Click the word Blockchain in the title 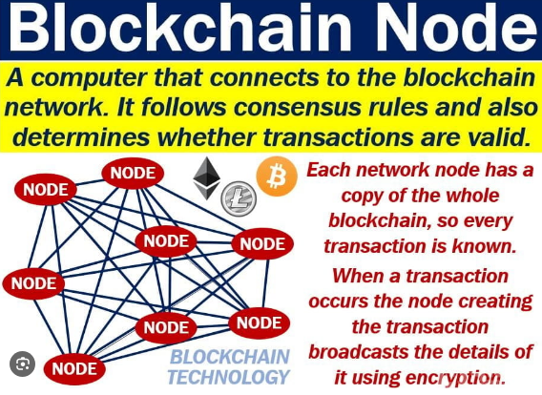[x=179, y=29]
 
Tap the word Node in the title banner [x=455, y=29]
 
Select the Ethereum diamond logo [x=206, y=178]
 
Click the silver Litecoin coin [x=239, y=198]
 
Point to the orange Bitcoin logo [x=277, y=177]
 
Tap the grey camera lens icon [x=23, y=364]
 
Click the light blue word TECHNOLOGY [x=228, y=377]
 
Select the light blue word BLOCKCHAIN [x=230, y=357]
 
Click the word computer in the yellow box [x=89, y=78]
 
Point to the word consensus [x=297, y=107]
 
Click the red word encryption [x=451, y=378]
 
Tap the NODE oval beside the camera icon [x=74, y=369]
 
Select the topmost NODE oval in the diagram [x=133, y=173]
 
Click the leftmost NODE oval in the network [x=33, y=283]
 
